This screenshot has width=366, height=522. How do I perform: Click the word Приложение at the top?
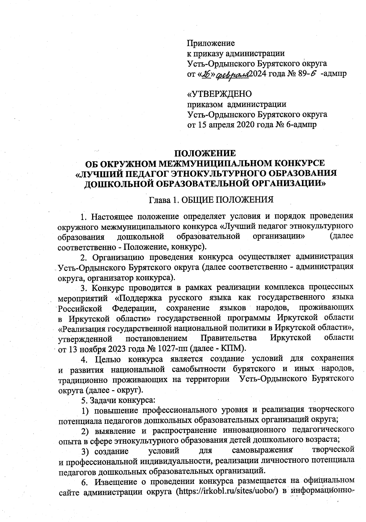click(210, 43)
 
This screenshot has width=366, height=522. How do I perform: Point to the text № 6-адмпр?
click(299, 125)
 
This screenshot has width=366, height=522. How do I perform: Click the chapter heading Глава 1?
click(163, 200)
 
